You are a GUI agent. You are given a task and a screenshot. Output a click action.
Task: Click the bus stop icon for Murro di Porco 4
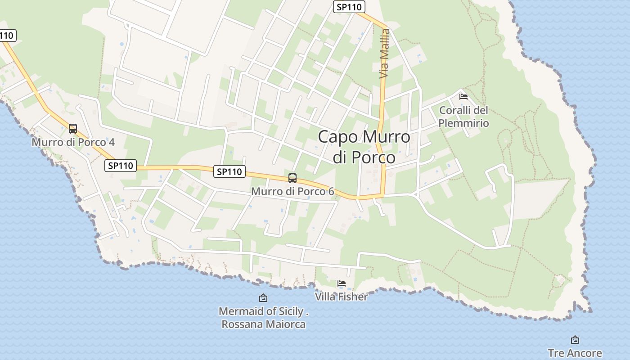coord(73,129)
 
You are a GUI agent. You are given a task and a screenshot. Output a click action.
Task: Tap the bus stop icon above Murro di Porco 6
coord(292,178)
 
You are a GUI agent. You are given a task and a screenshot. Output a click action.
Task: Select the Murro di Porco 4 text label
coord(73,142)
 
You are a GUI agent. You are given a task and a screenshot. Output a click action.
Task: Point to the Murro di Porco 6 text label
coord(292,191)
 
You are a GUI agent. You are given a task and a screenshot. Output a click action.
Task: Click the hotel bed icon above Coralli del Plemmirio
coord(463,96)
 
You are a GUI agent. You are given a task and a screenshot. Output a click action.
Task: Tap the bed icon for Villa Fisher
coord(342,283)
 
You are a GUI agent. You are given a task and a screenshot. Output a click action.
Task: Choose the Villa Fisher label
coord(341,297)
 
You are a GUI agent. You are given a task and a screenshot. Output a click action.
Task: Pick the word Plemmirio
coord(463,123)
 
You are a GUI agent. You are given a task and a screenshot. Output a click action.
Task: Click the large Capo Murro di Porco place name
coord(364,147)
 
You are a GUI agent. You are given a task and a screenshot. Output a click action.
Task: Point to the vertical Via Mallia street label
coord(384,54)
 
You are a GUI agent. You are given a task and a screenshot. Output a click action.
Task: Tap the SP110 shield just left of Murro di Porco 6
coord(229,171)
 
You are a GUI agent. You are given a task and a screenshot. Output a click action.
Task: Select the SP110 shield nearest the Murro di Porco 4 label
coord(121,166)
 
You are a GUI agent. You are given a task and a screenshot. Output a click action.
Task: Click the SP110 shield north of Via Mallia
coord(349,7)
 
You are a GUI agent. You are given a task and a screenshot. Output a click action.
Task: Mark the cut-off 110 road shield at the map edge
coord(7,35)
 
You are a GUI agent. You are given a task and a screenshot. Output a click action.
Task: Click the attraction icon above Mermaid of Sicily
coord(263,298)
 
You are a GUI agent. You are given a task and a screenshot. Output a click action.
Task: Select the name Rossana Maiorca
coord(264,324)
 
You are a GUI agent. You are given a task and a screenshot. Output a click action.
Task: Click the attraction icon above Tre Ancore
coord(575,340)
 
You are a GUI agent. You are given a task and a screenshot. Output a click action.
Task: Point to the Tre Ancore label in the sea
coord(575,353)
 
